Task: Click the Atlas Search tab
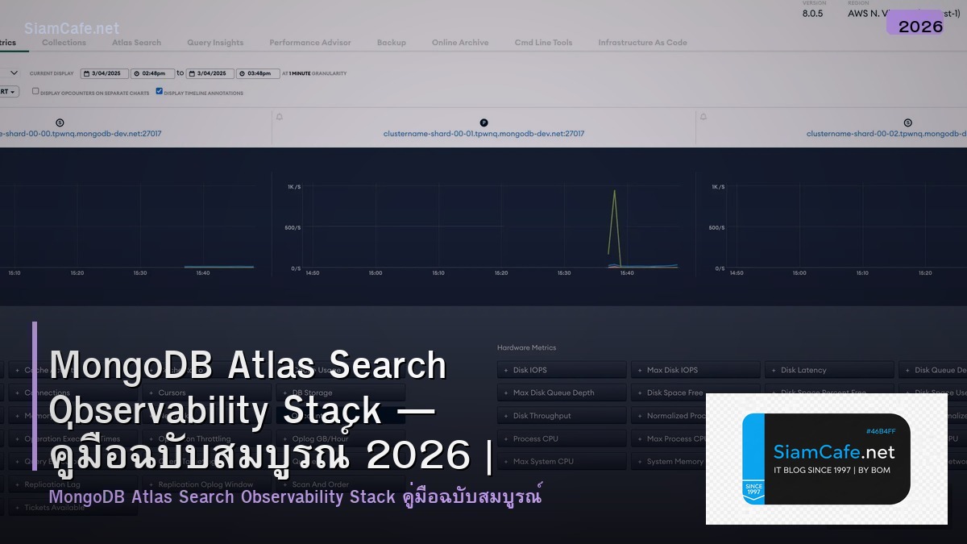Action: [x=136, y=43]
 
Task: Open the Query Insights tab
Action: [x=215, y=43]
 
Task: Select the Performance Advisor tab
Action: [x=310, y=43]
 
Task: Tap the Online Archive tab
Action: [x=460, y=43]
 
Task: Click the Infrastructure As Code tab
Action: [x=642, y=43]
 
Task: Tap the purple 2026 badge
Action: [x=920, y=27]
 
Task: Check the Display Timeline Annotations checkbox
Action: [x=160, y=91]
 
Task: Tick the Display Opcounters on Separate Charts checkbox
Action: [x=35, y=91]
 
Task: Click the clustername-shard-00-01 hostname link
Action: [x=483, y=134]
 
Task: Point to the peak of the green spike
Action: [x=615, y=191]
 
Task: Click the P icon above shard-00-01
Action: [x=483, y=123]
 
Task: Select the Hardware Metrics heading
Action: [x=526, y=347]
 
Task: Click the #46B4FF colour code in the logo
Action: [x=880, y=431]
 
